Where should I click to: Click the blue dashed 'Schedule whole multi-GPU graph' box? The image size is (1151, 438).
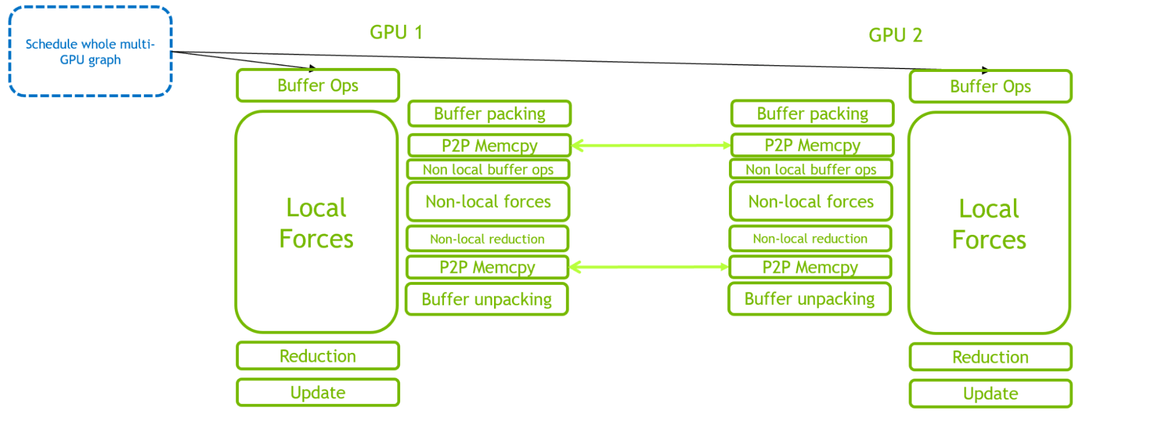[x=90, y=52]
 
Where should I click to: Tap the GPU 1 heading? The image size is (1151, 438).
[x=396, y=32]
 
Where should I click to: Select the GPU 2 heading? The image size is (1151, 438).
[x=895, y=35]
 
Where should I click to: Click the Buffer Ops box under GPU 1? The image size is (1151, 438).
[x=318, y=86]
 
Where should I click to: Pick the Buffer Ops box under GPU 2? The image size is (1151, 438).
[x=990, y=87]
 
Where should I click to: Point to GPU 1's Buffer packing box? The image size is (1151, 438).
[x=489, y=114]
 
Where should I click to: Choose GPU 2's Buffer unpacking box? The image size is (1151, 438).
[x=810, y=299]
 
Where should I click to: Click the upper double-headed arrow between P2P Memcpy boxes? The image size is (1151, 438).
[x=651, y=146]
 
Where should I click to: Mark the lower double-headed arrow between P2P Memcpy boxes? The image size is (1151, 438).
[x=649, y=267]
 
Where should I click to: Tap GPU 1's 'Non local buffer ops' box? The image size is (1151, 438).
[x=488, y=170]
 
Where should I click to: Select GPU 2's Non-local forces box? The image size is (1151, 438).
[x=811, y=202]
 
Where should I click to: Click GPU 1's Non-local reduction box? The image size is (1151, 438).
[x=487, y=239]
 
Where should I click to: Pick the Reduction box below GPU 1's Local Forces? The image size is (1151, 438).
[x=318, y=356]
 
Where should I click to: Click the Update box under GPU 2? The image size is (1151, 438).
[x=990, y=394]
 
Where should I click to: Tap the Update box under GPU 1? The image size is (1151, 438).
[x=318, y=393]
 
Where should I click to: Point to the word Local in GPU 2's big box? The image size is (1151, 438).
[x=989, y=209]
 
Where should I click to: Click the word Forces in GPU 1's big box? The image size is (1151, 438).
[x=316, y=239]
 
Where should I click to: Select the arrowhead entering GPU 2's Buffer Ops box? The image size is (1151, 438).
[x=985, y=70]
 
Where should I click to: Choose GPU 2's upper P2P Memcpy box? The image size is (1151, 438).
[x=812, y=146]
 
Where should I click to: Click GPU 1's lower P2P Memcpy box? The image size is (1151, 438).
[x=487, y=268]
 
